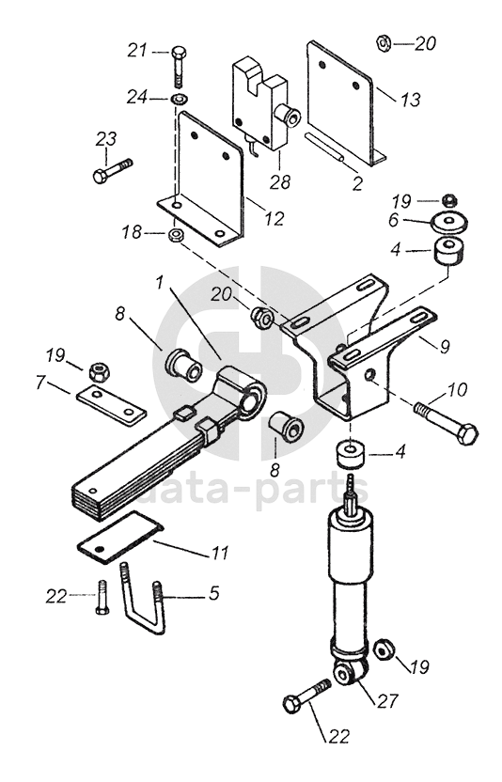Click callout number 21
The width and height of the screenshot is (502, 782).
(138, 51)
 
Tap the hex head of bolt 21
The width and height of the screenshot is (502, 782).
(180, 52)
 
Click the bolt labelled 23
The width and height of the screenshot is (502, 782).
(113, 169)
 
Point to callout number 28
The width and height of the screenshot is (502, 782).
(280, 181)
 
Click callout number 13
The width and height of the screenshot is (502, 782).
(410, 100)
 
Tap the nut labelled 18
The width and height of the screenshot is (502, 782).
(176, 234)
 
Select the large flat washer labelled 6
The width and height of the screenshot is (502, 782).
(450, 222)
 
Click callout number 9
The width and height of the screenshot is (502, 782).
(444, 345)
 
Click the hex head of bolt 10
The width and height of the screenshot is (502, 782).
(467, 435)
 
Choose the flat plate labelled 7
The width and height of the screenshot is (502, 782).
(111, 405)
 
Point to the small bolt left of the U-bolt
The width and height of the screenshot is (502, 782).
(102, 598)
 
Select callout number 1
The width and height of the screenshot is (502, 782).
(159, 283)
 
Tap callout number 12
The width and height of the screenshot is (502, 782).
(275, 218)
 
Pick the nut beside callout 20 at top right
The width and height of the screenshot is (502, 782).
(383, 43)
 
